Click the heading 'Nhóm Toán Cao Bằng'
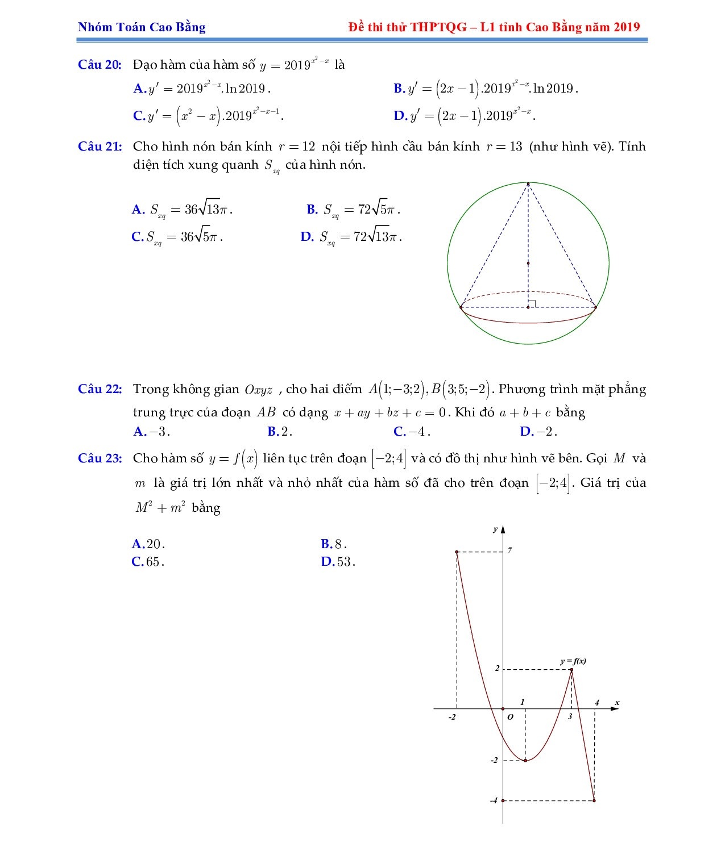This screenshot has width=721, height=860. click(x=142, y=27)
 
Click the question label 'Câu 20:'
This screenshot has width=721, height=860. click(x=100, y=64)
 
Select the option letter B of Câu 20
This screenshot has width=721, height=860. click(x=398, y=88)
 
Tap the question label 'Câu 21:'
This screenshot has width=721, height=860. click(x=100, y=147)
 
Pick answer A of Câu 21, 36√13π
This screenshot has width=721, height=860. click(x=182, y=210)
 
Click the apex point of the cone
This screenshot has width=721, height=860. click(x=528, y=183)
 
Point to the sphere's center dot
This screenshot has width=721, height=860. click(x=528, y=263)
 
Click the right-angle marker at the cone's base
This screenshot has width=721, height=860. click(x=532, y=303)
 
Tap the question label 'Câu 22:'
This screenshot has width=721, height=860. click(x=100, y=389)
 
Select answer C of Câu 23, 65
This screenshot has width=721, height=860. click(x=148, y=562)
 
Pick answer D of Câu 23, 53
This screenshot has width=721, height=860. click(x=338, y=562)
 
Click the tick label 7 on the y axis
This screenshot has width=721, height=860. click(x=510, y=550)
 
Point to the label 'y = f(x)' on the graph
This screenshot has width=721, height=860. click(x=573, y=661)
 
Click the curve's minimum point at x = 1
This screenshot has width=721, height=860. click(x=525, y=760)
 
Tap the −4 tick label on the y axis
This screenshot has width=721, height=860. click(x=493, y=801)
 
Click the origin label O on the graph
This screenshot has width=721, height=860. click(x=510, y=717)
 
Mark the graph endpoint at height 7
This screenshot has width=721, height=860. click(x=457, y=552)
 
